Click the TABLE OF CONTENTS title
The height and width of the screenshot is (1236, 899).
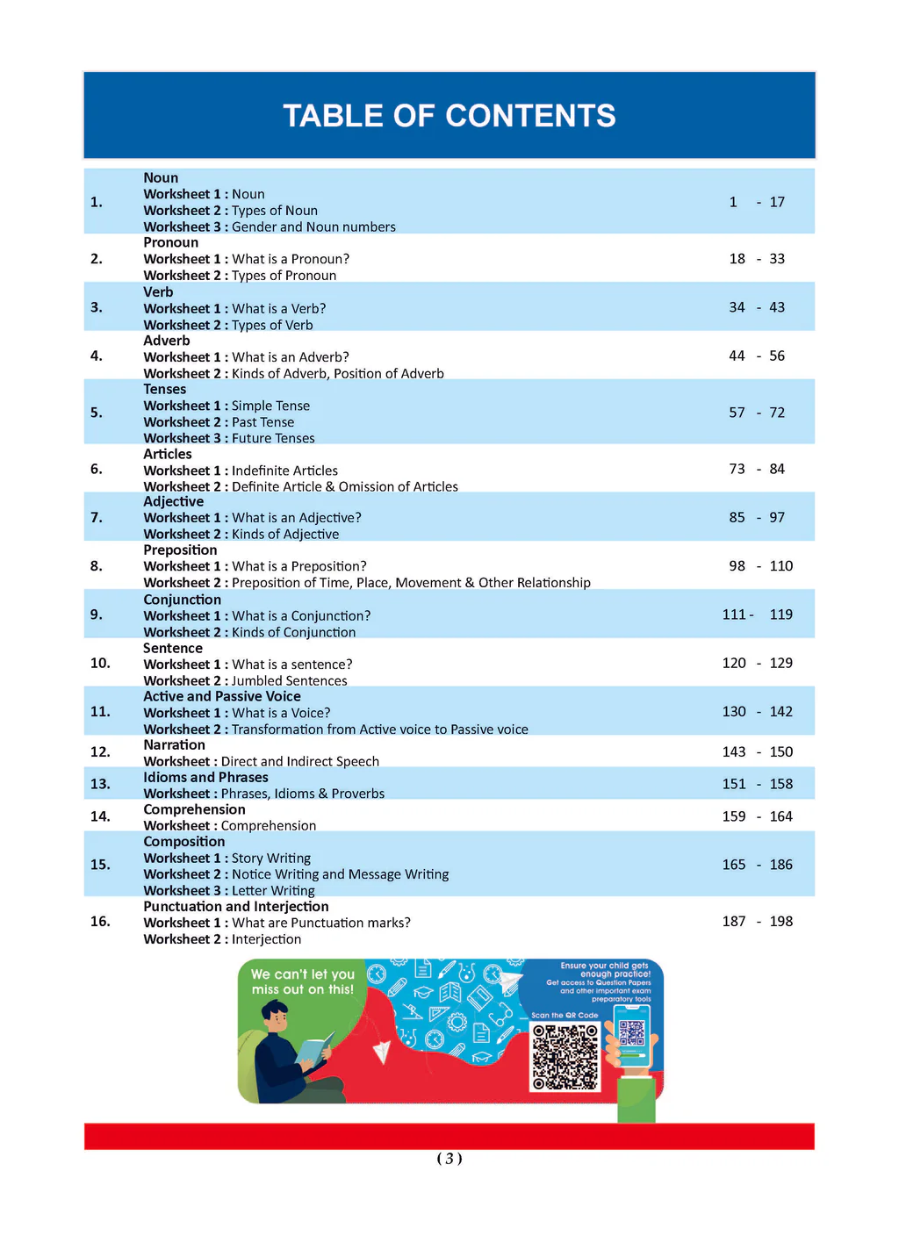click(449, 116)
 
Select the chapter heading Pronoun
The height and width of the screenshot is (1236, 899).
click(170, 242)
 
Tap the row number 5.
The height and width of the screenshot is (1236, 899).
click(96, 413)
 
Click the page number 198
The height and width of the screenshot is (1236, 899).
click(780, 921)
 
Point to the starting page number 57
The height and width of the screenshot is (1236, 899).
click(737, 413)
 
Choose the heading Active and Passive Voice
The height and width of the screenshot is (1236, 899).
click(221, 696)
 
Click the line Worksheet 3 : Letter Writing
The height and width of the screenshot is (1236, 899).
click(228, 890)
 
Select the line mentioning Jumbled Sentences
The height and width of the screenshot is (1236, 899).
click(245, 680)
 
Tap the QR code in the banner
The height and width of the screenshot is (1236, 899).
click(565, 1057)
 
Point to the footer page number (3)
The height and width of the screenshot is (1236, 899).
click(449, 1158)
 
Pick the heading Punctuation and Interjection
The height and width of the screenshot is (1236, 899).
click(235, 906)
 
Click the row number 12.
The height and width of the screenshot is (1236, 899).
click(100, 752)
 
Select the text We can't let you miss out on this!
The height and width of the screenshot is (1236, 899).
click(302, 981)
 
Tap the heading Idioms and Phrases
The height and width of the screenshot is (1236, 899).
click(205, 777)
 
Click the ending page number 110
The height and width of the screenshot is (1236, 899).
click(780, 566)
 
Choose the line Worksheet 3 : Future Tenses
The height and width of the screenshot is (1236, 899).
click(228, 438)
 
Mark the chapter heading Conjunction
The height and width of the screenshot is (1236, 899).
click(182, 600)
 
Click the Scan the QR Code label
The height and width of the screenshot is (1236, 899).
click(565, 1015)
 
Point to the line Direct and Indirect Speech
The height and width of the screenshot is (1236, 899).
click(261, 761)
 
